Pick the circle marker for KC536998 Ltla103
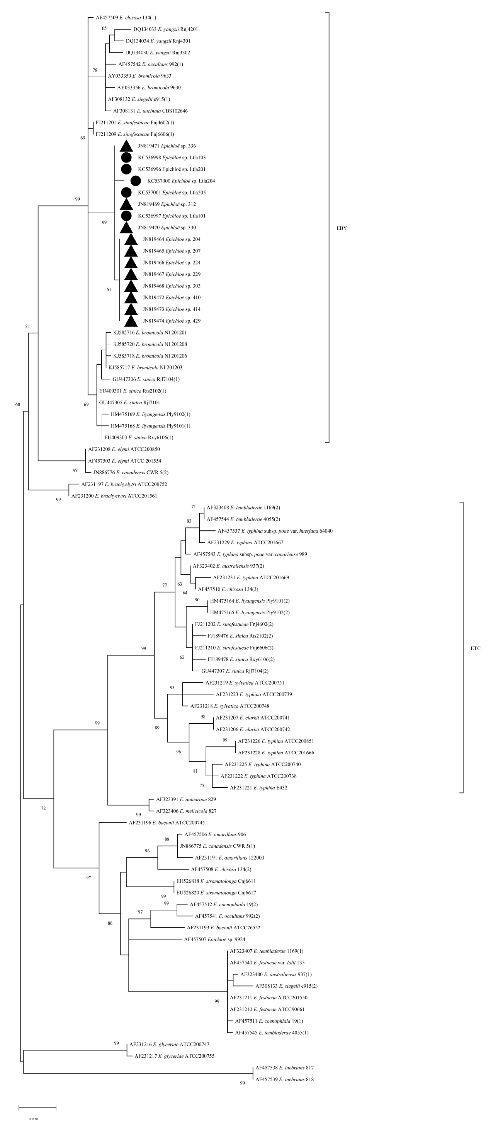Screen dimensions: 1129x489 126,157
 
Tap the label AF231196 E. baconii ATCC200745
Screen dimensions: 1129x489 167,823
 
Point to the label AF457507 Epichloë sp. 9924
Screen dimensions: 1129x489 214,939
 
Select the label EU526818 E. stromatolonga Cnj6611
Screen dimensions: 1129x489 216,881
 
